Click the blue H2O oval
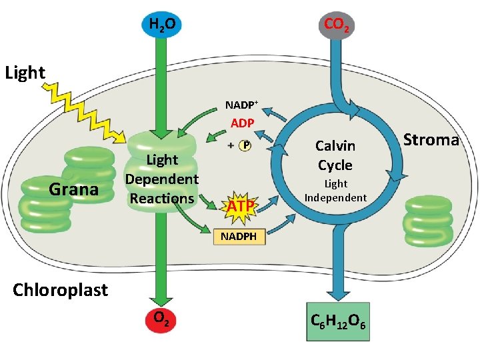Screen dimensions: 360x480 [x=161, y=26]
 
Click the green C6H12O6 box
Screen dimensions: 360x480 [x=337, y=323]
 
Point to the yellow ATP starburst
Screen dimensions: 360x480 [x=241, y=205]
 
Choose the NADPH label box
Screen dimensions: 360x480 [x=239, y=237]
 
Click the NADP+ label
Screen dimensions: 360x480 [x=242, y=105]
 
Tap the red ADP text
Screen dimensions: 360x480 [x=242, y=124]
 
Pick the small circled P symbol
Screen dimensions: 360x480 [x=245, y=145]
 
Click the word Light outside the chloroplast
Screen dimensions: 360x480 [x=25, y=72]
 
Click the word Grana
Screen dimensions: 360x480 [x=74, y=189]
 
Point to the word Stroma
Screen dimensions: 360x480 [x=431, y=140]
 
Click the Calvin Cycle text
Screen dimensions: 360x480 [x=335, y=155]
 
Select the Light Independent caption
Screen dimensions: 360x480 [x=335, y=190]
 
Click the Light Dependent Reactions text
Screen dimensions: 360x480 [x=162, y=179]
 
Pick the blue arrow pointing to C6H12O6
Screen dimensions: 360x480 [x=337, y=267]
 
